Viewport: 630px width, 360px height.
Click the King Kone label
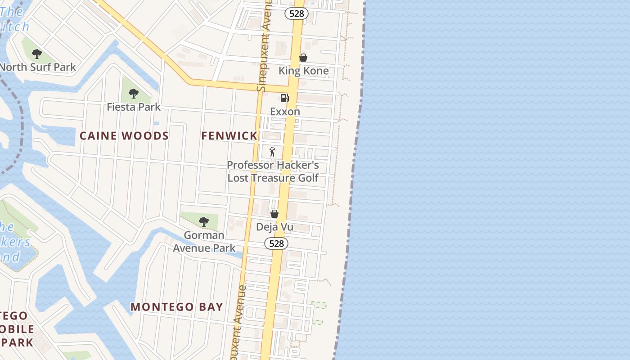click(x=303, y=71)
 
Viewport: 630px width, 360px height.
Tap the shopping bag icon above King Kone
click(x=303, y=58)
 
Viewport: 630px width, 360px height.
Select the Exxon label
click(x=285, y=111)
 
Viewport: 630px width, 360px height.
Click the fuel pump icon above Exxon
click(x=284, y=98)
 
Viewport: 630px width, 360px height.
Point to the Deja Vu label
click(x=274, y=227)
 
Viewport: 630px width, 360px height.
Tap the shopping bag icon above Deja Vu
click(x=274, y=214)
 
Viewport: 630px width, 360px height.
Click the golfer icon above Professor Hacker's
click(x=272, y=152)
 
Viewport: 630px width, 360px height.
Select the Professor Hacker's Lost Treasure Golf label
click(x=273, y=171)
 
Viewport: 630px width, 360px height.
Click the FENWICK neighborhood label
click(x=229, y=135)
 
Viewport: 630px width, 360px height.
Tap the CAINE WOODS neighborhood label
click(x=124, y=136)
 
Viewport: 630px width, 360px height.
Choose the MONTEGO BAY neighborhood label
click(x=177, y=307)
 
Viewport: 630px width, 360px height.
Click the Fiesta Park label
click(x=134, y=107)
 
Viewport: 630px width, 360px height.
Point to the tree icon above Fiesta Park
click(x=133, y=94)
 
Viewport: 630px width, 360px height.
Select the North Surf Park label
click(x=38, y=67)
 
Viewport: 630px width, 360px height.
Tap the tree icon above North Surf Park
click(x=37, y=54)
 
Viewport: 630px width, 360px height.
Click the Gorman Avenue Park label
click(x=204, y=242)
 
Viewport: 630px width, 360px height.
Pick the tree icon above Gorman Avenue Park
click(x=204, y=221)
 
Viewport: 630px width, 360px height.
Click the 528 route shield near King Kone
click(x=297, y=13)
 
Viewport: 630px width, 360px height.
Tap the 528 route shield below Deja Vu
click(x=276, y=243)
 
